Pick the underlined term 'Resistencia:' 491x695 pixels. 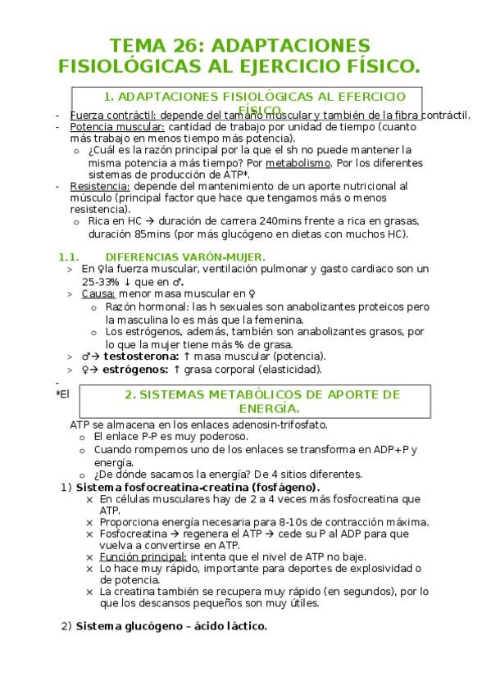(x=100, y=186)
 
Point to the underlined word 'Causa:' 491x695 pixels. (x=98, y=293)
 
